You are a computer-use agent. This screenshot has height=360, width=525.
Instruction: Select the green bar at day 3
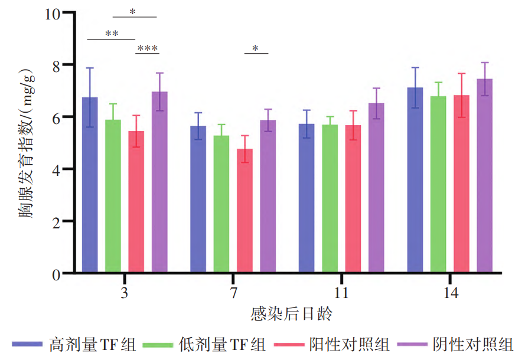coord(113,196)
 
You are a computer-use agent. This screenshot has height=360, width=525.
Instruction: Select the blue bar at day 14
coord(415,180)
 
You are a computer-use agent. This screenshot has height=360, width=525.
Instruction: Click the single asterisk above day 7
coord(255,48)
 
